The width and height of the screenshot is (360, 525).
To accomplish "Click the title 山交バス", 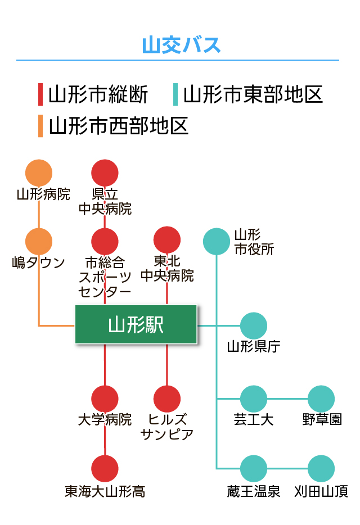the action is point(181,45).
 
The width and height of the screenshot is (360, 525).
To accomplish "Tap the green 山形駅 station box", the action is point(136,324).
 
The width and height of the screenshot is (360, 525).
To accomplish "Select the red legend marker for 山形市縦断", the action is point(40,94).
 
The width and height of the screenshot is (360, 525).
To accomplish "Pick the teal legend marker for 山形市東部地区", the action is point(175,94).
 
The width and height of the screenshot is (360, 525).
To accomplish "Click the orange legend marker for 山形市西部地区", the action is point(40,126).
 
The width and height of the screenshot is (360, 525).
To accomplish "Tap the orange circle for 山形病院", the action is point(39,173).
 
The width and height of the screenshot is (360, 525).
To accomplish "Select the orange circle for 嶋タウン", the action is point(39,241).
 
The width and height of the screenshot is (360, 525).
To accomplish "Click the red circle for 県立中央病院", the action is point(105,173).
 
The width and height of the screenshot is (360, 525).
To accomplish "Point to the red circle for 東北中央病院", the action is point(167,239).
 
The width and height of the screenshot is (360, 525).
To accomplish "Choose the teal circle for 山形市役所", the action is point(217,241).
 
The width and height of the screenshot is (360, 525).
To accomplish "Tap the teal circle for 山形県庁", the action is point(254,326).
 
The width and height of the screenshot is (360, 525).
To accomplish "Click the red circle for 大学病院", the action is point(105,399).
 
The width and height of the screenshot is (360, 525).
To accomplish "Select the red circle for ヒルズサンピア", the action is point(167,399).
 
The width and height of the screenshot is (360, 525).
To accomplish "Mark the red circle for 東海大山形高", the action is point(105,468).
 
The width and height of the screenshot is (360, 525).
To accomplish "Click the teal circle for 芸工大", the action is point(254,399).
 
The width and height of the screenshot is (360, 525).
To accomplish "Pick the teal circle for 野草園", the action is point(321,399).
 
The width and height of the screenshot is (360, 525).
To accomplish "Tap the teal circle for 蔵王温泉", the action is point(254,468).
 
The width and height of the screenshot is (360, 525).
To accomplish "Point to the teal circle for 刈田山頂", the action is point(321,468).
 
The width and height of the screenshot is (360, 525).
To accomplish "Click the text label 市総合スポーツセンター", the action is point(105,277).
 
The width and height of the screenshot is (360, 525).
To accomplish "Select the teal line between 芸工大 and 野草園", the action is point(287,399).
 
